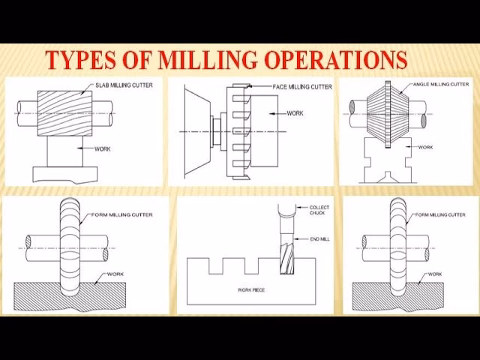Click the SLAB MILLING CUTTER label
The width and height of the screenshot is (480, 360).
click(x=124, y=85)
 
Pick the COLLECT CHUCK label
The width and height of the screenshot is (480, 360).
click(x=319, y=210)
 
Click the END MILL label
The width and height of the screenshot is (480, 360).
click(x=319, y=238)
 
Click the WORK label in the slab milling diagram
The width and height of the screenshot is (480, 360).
click(x=103, y=148)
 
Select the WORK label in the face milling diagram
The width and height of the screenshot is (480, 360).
click(x=295, y=113)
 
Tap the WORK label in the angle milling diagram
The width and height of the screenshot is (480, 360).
click(x=425, y=147)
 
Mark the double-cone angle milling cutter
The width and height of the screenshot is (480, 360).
click(x=388, y=115)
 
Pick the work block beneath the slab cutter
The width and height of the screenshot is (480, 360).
click(x=64, y=154)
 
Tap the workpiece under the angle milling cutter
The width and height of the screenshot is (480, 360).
click(x=388, y=161)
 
